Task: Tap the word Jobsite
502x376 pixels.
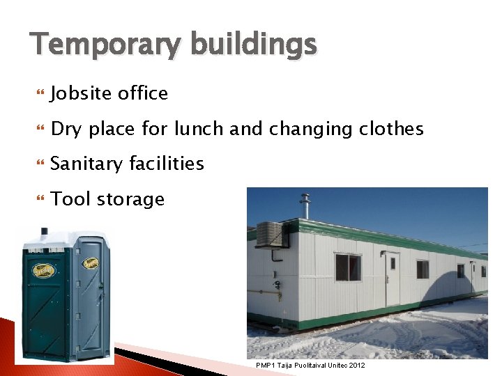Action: pyautogui.click(x=80, y=93)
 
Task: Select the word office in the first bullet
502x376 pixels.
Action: pyautogui.click(x=143, y=93)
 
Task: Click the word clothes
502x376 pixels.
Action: pyautogui.click(x=391, y=129)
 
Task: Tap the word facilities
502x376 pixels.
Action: pyautogui.click(x=172, y=164)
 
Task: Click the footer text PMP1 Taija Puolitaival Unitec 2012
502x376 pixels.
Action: pyautogui.click(x=310, y=365)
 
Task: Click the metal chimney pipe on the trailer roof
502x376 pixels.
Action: pyautogui.click(x=304, y=207)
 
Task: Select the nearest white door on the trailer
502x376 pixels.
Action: pyautogui.click(x=393, y=278)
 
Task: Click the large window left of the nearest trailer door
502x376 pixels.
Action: pyautogui.click(x=348, y=267)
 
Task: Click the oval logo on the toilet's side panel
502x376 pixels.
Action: pyautogui.click(x=91, y=263)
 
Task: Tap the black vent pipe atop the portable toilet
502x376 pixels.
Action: pyautogui.click(x=44, y=232)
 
